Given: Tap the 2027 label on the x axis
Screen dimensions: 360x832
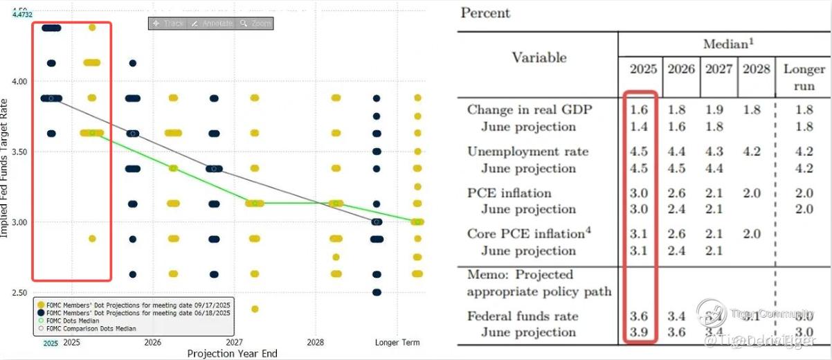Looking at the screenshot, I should (234, 343).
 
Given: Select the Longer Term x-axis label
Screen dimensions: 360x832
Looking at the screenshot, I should (397, 343).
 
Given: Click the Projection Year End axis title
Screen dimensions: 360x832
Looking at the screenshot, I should (232, 354).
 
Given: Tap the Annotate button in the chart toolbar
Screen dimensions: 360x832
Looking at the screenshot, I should (212, 24).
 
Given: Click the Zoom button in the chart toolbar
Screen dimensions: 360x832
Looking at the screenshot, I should (256, 24).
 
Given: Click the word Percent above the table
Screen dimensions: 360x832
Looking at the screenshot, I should (485, 13).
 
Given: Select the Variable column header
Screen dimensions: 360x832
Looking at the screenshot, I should (539, 57).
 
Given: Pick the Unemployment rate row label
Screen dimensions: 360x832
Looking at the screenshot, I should (527, 152).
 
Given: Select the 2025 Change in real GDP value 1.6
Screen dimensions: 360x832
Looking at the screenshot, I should (639, 109).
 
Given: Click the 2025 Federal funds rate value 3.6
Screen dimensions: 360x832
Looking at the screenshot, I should (639, 316).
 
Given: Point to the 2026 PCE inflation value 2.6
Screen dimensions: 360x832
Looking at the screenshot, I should (677, 193).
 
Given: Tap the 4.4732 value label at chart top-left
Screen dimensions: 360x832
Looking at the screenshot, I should (23, 14).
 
